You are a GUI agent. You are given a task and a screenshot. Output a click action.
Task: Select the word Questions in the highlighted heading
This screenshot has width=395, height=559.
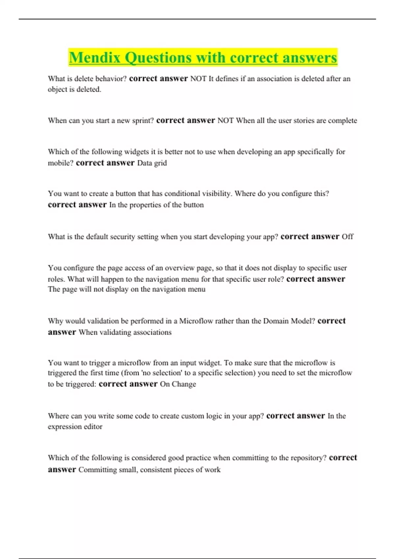(x=158, y=58)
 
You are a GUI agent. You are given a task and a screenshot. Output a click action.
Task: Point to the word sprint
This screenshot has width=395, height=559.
(x=143, y=121)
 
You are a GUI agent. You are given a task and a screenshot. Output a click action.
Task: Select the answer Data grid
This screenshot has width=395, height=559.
(x=152, y=163)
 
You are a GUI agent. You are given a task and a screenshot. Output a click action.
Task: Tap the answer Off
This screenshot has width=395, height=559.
(x=347, y=237)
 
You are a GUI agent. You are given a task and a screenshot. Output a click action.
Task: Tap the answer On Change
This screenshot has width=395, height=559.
(x=178, y=384)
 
